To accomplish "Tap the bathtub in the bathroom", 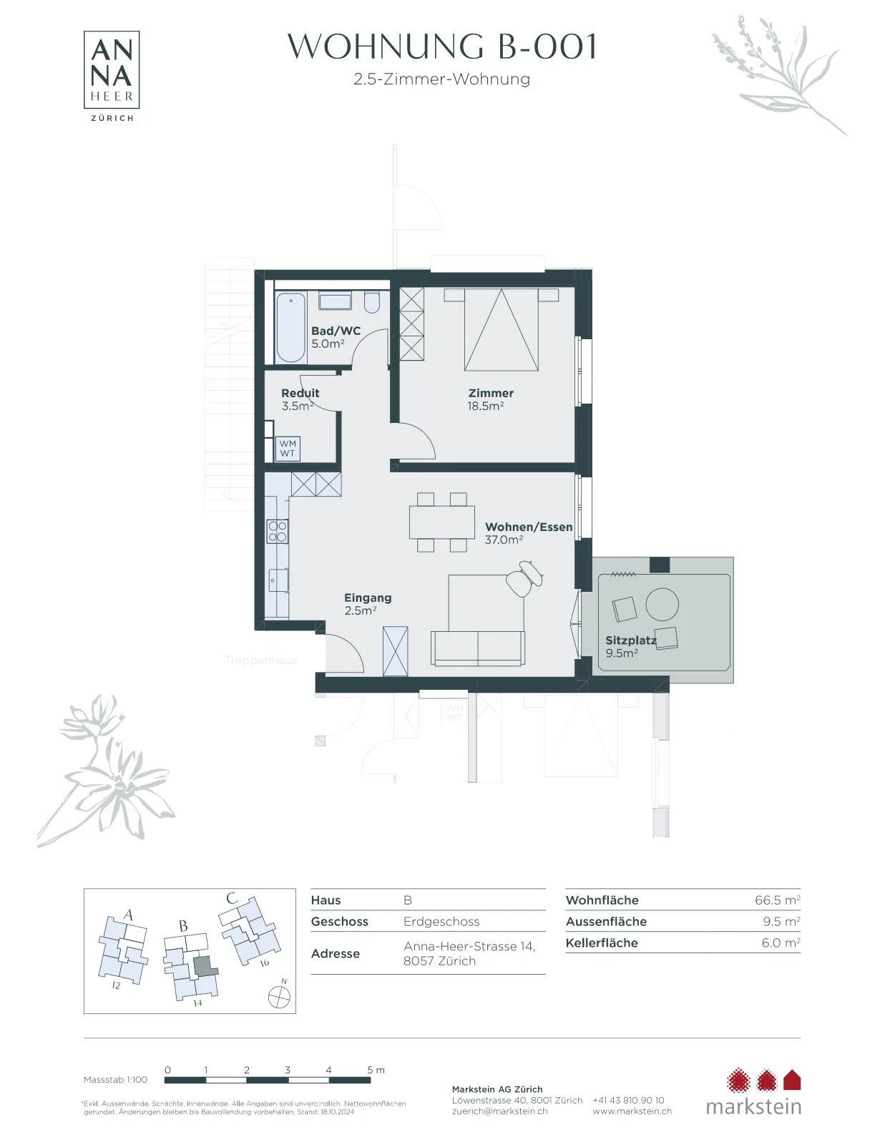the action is [290, 328].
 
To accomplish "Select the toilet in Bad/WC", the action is [372, 303].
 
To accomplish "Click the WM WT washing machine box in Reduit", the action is [288, 449].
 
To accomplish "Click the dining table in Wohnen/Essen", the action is [442, 522].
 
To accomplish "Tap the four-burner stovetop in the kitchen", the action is [278, 531].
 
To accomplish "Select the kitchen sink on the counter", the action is [278, 580].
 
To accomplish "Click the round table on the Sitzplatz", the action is [662, 605].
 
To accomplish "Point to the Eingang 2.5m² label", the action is [368, 605].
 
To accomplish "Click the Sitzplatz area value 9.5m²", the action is [622, 653].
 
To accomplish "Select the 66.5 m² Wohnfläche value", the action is [778, 900].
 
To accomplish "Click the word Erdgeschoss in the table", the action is [441, 922].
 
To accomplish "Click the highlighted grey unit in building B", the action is [205, 966].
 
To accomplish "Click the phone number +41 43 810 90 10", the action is [628, 1100].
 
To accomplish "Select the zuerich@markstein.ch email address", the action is [500, 1111].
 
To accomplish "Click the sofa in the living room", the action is [478, 648].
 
